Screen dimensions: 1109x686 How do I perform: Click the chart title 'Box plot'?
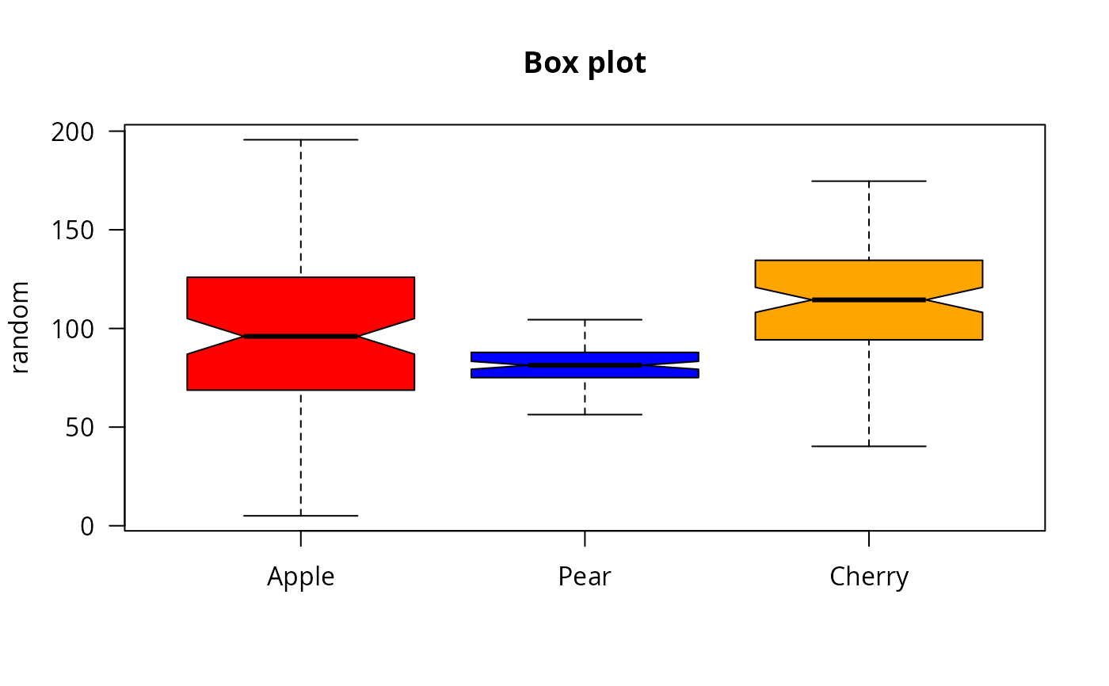(585, 63)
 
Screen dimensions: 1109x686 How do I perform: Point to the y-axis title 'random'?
(20, 327)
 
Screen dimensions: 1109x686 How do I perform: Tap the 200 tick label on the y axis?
(72, 132)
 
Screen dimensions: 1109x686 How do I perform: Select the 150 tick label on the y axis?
(72, 231)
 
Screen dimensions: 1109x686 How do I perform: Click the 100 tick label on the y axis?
(72, 330)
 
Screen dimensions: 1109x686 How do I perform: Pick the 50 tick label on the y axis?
(79, 427)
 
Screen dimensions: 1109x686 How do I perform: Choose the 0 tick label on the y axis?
(87, 526)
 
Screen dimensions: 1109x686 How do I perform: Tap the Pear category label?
(585, 577)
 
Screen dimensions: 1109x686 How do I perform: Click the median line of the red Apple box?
(301, 337)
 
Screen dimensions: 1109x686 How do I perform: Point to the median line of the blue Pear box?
(585, 365)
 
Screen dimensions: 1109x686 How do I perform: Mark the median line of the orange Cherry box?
(869, 300)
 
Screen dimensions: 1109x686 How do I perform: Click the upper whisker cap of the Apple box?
(301, 140)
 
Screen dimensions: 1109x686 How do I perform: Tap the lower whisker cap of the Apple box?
(301, 516)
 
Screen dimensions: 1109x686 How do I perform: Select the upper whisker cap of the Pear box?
(585, 320)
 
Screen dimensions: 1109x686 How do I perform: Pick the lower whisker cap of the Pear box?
(585, 415)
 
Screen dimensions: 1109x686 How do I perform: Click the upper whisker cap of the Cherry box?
(869, 181)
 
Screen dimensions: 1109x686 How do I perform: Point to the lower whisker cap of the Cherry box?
(869, 447)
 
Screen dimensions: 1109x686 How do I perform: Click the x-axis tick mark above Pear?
(585, 539)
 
